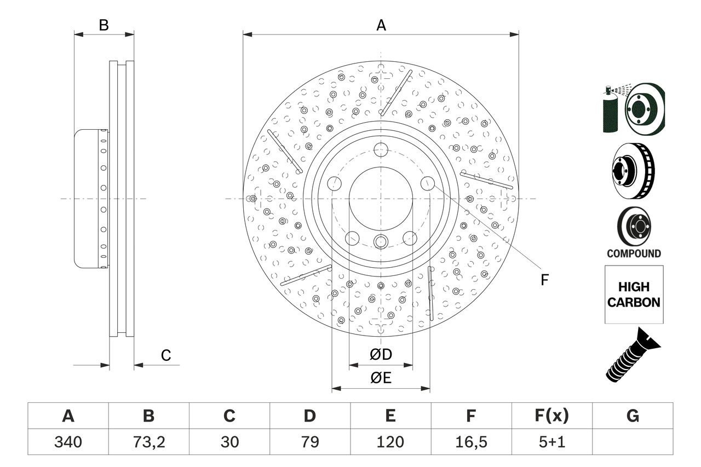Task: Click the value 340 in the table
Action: tap(68, 442)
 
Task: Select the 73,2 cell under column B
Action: tap(148, 442)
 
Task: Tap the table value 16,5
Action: tap(470, 442)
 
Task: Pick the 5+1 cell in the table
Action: tap(551, 442)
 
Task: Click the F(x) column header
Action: tap(551, 416)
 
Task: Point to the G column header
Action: tap(633, 416)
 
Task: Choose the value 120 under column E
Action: tap(390, 442)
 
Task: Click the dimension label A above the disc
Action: tap(381, 25)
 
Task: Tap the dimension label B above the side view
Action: tap(104, 25)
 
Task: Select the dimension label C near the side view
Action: tap(166, 356)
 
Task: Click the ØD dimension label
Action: tap(381, 355)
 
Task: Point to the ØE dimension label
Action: tap(381, 378)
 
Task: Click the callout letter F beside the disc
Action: tap(544, 280)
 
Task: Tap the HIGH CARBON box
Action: tap(634, 295)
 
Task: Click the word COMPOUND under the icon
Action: tap(634, 253)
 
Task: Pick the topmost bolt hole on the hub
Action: tap(381, 149)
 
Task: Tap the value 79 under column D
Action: tap(309, 442)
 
